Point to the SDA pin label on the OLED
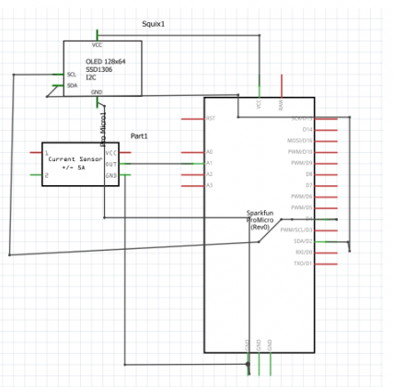click(x=72, y=85)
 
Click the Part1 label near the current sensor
click(x=139, y=135)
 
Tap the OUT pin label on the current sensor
click(x=111, y=163)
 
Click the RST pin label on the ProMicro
click(x=210, y=118)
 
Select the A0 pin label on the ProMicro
click(x=209, y=152)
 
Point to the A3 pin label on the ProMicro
click(x=209, y=185)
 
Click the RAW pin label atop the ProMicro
click(x=282, y=107)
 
